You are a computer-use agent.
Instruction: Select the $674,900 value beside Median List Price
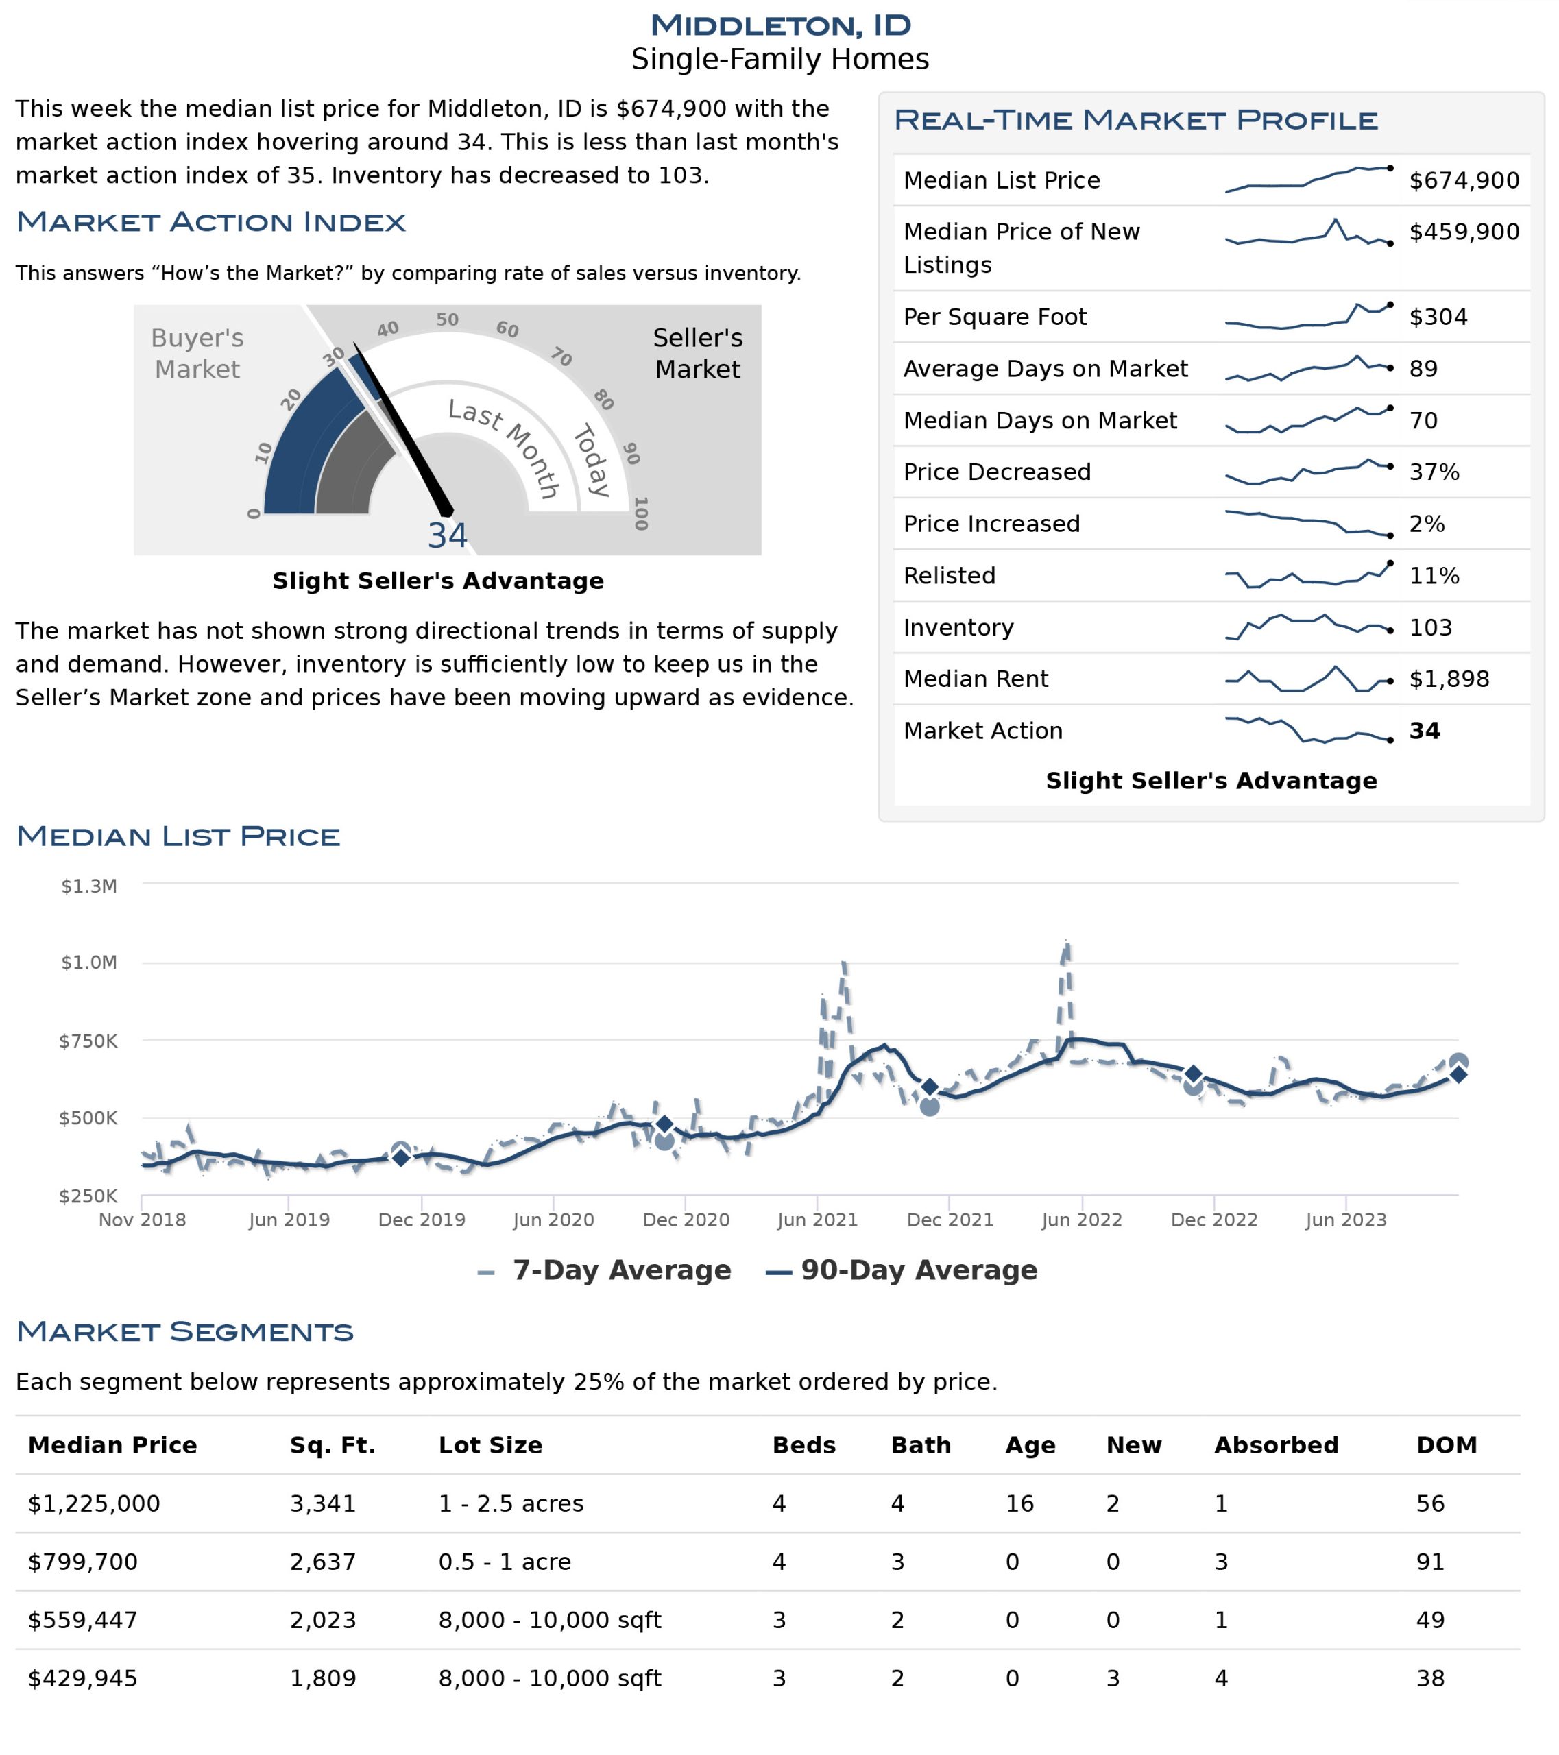(x=1464, y=180)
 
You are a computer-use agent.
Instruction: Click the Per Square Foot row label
(x=994, y=317)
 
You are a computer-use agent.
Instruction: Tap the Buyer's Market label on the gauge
(x=197, y=353)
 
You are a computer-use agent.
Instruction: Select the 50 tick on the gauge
(x=447, y=319)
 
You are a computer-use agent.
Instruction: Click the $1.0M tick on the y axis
(x=88, y=962)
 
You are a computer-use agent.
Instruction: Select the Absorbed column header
(x=1276, y=1445)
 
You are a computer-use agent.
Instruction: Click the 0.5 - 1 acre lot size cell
(x=505, y=1562)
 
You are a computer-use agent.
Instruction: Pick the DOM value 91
(x=1430, y=1562)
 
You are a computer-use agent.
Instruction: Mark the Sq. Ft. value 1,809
(x=323, y=1679)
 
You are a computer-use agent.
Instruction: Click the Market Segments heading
(x=184, y=1332)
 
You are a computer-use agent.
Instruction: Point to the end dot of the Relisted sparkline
(x=1390, y=564)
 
